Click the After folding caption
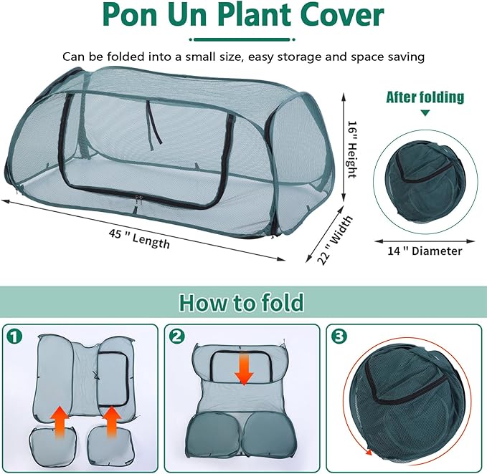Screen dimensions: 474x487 [425, 97]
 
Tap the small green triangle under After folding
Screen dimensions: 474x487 [425, 113]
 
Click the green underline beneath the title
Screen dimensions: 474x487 [242, 39]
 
